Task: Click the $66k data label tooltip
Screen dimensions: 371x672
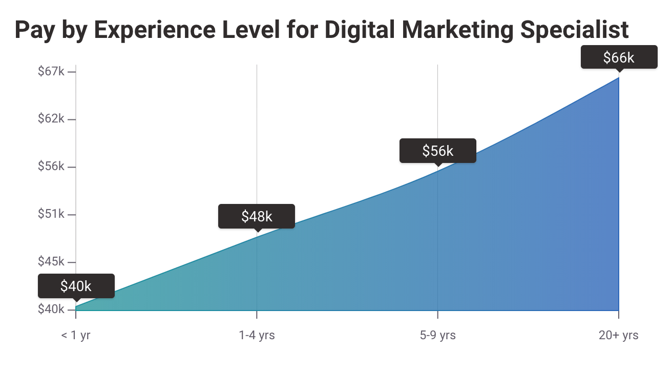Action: (x=619, y=57)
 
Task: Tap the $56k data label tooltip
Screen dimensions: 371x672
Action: (x=437, y=151)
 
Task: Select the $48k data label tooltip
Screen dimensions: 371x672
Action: (x=257, y=216)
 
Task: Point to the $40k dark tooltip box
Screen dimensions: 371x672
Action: (x=76, y=286)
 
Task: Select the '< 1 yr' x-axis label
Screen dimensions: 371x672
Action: (x=76, y=336)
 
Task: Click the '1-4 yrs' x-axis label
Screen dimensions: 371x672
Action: (x=257, y=336)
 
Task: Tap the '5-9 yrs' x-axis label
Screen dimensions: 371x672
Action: (x=437, y=336)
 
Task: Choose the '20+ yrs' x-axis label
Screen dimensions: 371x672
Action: (x=619, y=336)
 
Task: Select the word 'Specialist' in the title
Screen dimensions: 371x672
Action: (x=574, y=31)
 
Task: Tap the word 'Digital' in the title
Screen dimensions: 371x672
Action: (x=360, y=31)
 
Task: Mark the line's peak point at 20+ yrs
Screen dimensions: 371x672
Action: (x=619, y=77)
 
